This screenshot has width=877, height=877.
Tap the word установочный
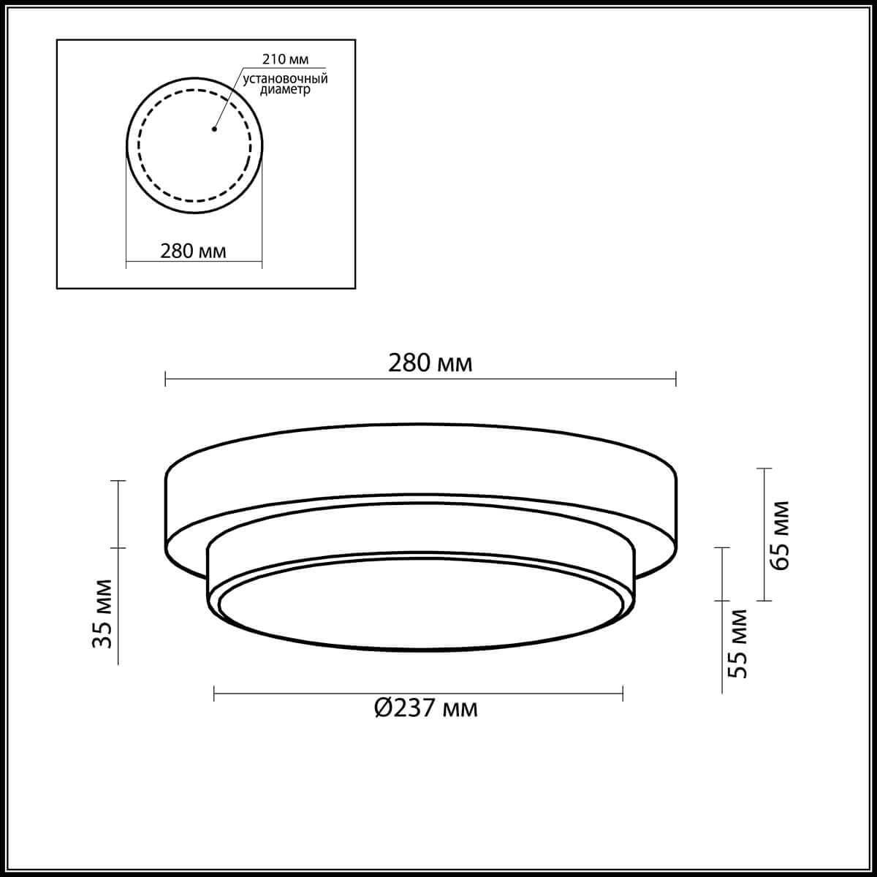[x=285, y=77]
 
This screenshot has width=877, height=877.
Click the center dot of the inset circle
[x=213, y=130]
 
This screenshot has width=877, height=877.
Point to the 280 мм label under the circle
[x=193, y=251]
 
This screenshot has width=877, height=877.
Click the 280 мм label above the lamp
[x=430, y=363]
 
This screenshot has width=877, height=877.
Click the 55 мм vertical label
[x=740, y=643]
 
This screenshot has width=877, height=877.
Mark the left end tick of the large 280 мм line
[x=166, y=379]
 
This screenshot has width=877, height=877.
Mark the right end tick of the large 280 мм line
[x=676, y=379]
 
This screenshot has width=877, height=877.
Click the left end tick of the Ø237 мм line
[x=214, y=693]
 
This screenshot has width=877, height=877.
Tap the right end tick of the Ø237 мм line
[x=623, y=693]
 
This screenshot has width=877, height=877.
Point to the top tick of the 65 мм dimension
[x=764, y=468]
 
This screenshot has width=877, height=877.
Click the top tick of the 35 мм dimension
[x=118, y=481]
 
